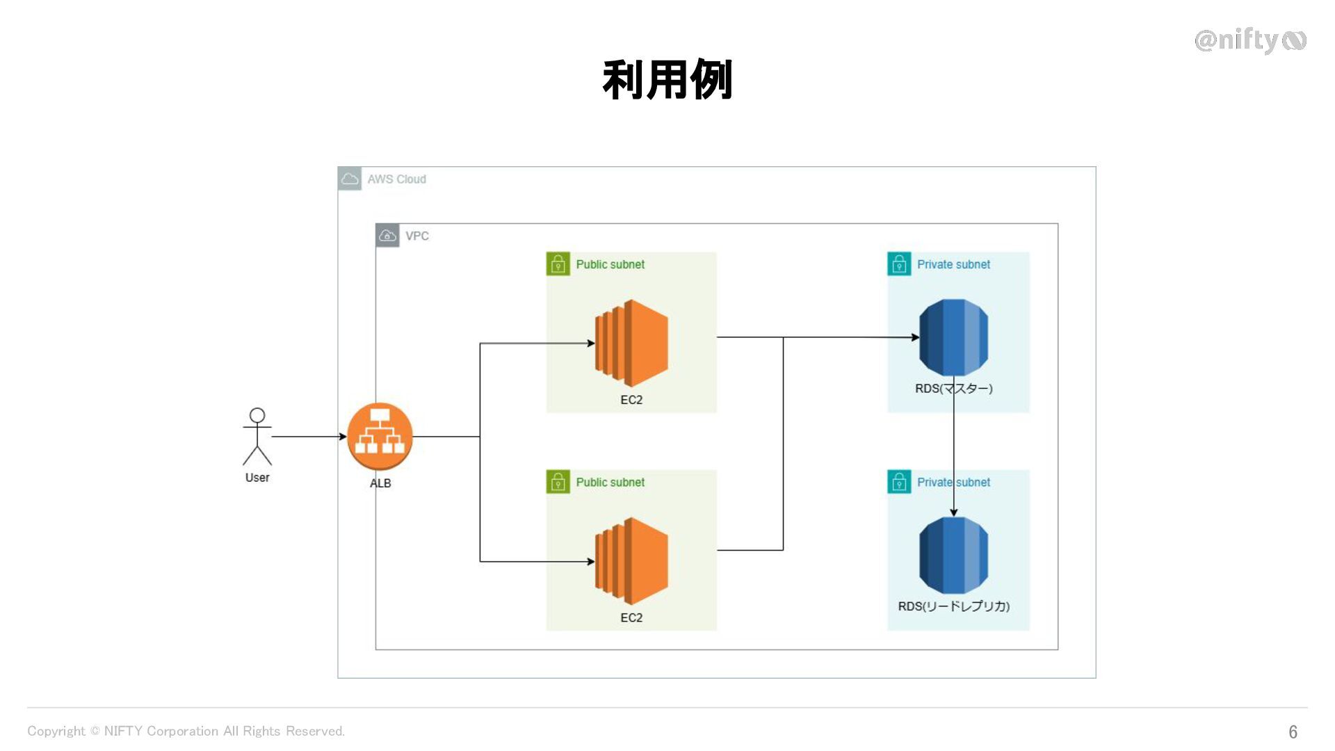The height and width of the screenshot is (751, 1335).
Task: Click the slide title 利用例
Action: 667,80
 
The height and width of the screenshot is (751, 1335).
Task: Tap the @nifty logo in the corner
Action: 1250,40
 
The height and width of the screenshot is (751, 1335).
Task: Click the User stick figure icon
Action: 257,436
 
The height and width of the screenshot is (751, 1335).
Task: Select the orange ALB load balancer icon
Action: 380,437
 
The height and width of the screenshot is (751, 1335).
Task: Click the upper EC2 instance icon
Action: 631,344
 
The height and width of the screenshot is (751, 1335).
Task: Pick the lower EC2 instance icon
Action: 631,561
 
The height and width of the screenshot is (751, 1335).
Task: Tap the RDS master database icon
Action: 953,337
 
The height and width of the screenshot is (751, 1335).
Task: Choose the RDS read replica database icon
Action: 953,556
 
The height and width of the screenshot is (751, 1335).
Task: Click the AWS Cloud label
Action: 396,179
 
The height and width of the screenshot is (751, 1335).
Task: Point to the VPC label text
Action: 417,236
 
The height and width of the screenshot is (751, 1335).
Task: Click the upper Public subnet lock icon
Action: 558,264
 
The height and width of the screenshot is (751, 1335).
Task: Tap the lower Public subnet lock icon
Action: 558,482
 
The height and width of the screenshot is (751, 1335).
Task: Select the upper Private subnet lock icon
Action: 899,264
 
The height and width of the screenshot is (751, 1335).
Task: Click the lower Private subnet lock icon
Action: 899,482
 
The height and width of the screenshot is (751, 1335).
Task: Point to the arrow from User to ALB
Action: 309,437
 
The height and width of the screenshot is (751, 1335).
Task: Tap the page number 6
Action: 1293,732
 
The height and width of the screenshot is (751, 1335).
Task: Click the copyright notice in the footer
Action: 186,731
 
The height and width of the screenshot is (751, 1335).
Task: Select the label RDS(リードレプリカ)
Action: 953,606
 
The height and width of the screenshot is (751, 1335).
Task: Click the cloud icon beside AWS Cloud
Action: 350,179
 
